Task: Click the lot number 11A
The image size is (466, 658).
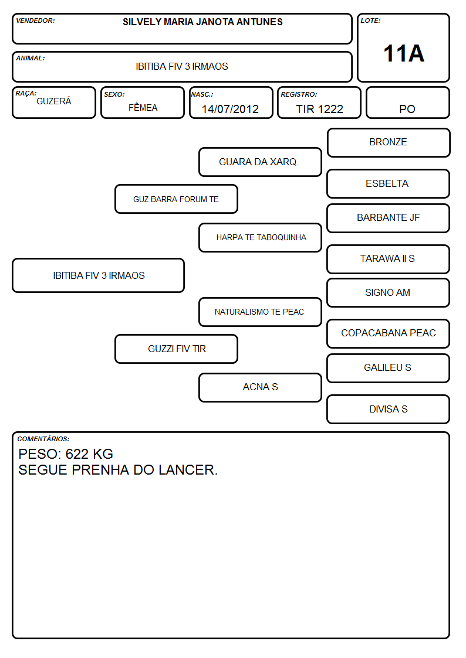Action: click(x=403, y=53)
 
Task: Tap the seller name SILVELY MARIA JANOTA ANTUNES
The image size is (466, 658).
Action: click(x=202, y=22)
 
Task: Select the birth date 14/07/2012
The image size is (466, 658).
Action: click(x=230, y=109)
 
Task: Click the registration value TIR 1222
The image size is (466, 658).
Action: click(x=319, y=109)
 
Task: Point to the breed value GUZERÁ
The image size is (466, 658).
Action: click(x=54, y=101)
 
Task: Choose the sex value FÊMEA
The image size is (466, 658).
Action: click(x=143, y=107)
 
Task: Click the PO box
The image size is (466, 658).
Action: click(x=407, y=103)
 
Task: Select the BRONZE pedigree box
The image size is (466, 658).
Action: click(x=389, y=143)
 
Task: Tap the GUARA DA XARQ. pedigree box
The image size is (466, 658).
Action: click(x=260, y=162)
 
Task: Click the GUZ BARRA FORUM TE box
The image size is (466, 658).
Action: click(x=176, y=199)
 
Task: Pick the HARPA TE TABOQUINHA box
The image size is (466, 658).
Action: click(x=260, y=237)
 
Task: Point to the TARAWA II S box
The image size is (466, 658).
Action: click(x=389, y=260)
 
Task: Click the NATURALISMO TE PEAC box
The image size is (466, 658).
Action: click(x=260, y=312)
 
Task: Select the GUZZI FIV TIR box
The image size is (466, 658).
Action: click(x=176, y=349)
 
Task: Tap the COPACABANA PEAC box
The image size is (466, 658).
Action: click(x=389, y=333)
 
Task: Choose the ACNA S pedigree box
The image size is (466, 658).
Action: click(x=260, y=387)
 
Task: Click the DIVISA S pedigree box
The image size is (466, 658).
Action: click(x=389, y=409)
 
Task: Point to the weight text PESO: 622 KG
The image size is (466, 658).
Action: click(x=66, y=454)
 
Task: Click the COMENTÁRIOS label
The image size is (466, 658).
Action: click(x=43, y=439)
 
